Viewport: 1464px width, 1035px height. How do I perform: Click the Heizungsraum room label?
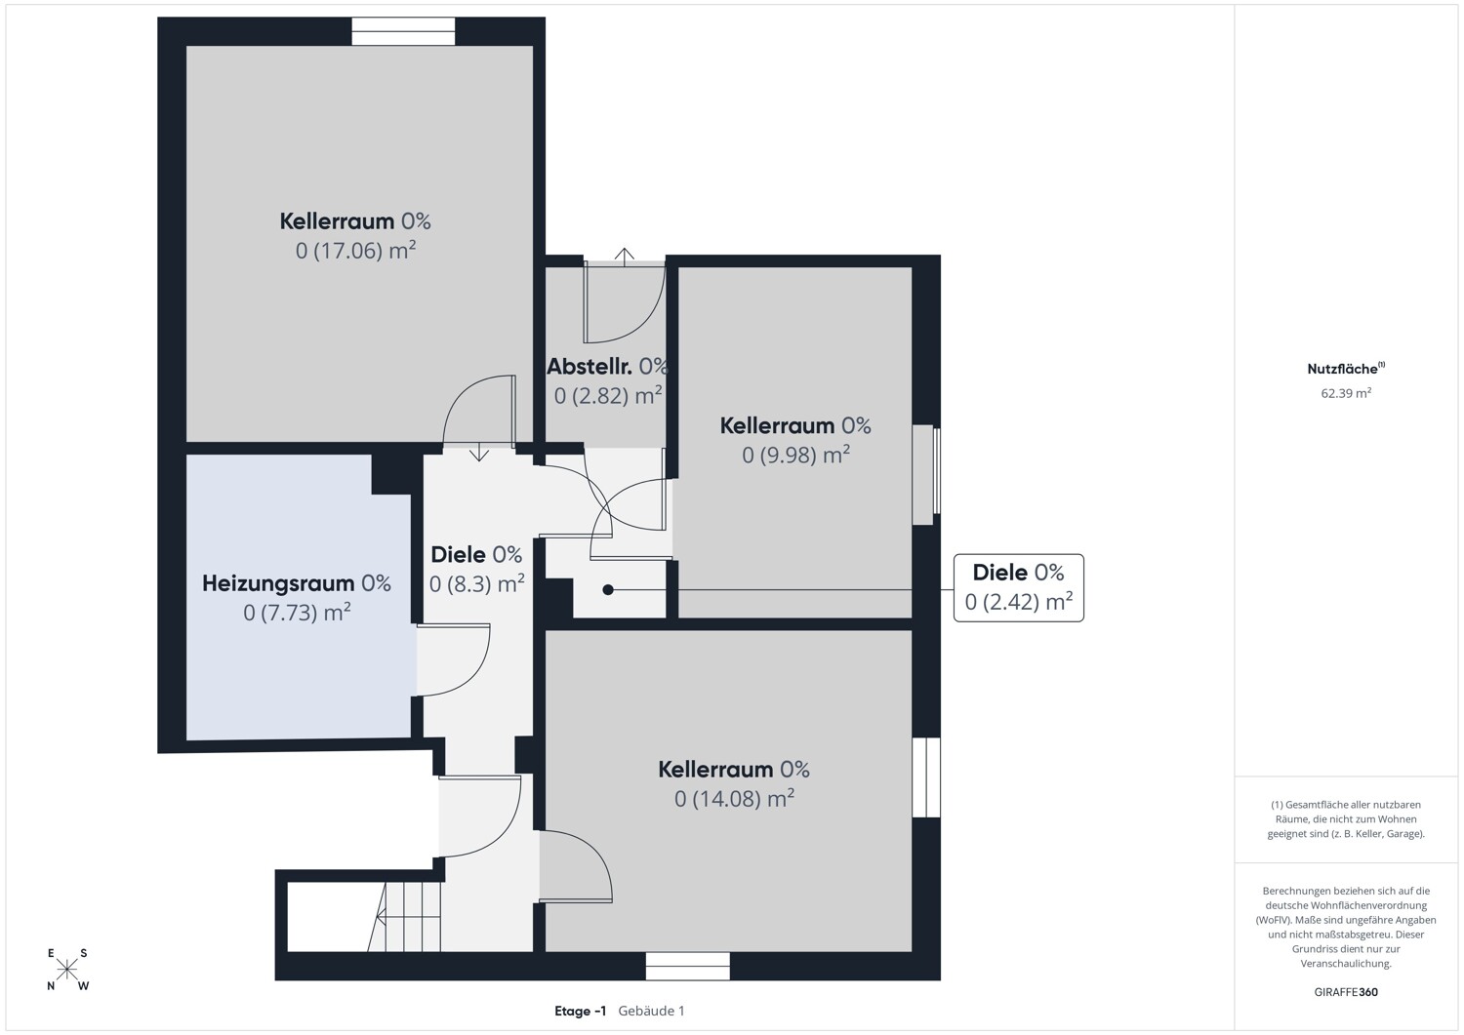(296, 582)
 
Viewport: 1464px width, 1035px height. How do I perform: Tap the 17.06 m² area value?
(356, 251)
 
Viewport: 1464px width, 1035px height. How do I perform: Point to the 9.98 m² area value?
(796, 455)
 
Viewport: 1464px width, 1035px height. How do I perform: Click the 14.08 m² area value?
(735, 799)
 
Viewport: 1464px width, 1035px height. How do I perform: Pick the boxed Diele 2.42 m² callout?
(1018, 587)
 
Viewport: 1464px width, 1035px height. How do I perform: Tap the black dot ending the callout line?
(608, 589)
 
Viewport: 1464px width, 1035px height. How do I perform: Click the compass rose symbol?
(66, 970)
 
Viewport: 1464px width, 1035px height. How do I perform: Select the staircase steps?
(404, 917)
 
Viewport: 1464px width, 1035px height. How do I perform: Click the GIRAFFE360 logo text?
(1346, 992)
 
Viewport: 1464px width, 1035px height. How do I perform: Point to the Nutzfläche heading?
(1346, 369)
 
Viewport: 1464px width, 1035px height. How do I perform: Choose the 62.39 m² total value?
(1346, 393)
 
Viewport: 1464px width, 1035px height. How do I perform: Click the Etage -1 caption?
(581, 1011)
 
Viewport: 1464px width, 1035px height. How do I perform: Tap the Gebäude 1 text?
(651, 1011)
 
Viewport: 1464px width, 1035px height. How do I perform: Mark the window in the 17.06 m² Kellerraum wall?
(403, 31)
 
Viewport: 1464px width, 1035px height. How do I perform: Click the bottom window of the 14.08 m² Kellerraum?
(687, 966)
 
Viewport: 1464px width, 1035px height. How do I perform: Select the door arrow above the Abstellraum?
(625, 258)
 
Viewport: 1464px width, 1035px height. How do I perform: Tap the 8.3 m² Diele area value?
(476, 583)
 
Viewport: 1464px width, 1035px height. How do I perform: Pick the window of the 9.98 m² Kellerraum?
(926, 475)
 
